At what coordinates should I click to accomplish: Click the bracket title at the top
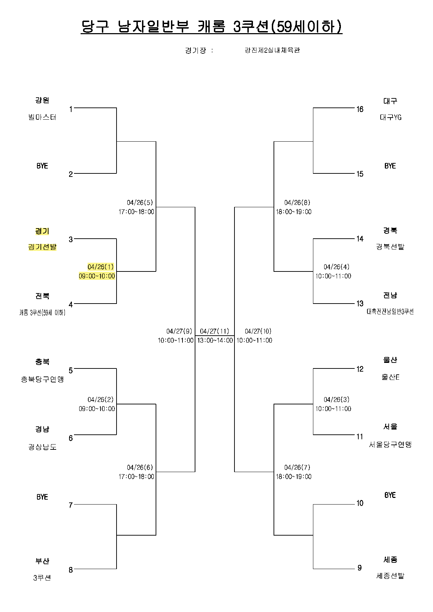(x=211, y=27)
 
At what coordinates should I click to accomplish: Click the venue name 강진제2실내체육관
(x=272, y=50)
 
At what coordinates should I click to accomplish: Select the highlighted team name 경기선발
(x=42, y=247)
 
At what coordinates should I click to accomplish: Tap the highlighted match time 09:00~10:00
(x=97, y=276)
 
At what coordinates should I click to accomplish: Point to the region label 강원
(x=42, y=100)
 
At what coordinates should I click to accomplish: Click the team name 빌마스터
(x=42, y=117)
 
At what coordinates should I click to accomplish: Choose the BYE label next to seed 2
(x=42, y=166)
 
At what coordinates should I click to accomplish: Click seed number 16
(x=360, y=109)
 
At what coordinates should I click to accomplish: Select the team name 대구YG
(x=390, y=118)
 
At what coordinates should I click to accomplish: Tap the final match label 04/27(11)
(x=215, y=331)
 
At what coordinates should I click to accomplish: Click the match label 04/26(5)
(x=140, y=203)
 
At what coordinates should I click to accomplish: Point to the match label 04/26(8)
(x=297, y=203)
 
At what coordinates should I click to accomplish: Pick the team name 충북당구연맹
(x=42, y=379)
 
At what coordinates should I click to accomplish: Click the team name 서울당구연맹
(x=390, y=445)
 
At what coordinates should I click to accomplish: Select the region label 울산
(x=390, y=360)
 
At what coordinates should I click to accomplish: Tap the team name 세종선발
(x=390, y=576)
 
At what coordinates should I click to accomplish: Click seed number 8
(x=71, y=570)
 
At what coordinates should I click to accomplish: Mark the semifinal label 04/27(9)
(x=179, y=331)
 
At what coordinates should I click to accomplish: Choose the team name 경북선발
(x=390, y=247)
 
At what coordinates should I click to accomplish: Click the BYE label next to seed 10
(x=390, y=495)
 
